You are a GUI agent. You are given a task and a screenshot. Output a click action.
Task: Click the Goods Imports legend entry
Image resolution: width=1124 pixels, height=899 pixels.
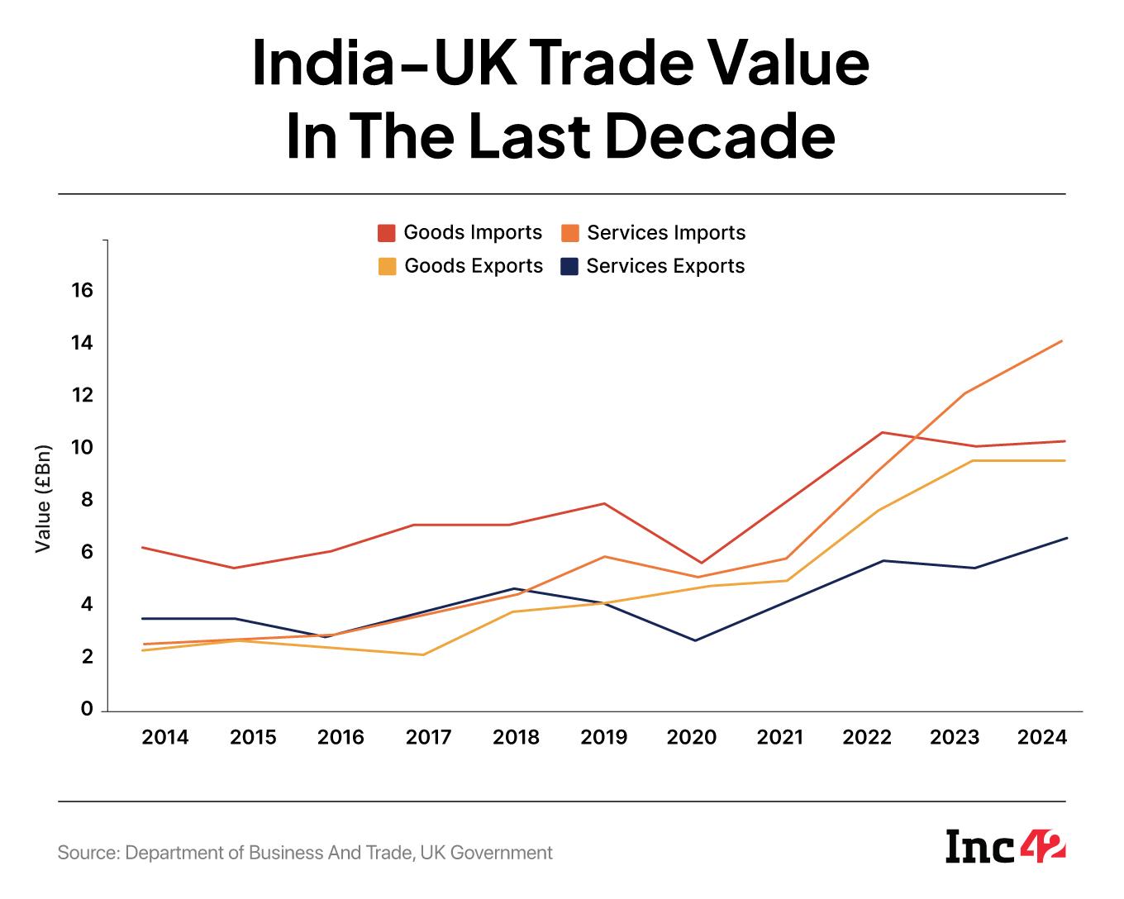pos(460,233)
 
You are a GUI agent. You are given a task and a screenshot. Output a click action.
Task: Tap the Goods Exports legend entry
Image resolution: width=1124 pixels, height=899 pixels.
pos(461,266)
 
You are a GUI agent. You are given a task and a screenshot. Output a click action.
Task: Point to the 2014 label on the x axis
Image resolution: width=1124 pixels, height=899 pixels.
pos(165,737)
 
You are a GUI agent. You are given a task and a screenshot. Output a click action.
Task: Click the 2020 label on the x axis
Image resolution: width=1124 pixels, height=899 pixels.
pos(692,737)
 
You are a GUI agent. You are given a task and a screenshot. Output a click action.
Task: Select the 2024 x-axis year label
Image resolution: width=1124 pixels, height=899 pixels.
pos(1043,737)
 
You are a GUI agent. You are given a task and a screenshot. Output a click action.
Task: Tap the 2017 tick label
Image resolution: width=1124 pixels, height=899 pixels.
pos(428,737)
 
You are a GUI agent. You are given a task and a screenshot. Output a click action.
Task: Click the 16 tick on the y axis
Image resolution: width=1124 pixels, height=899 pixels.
pos(82,291)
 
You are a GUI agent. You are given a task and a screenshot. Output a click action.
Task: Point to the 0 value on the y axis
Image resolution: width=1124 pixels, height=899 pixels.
pos(87,710)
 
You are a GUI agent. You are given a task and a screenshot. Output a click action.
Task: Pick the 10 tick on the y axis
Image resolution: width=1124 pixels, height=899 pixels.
pos(82,448)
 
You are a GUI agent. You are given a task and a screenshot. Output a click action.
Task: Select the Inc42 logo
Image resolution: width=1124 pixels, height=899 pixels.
pos(1005,847)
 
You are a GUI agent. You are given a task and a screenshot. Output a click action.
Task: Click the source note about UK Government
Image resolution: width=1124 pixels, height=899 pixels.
pos(305,853)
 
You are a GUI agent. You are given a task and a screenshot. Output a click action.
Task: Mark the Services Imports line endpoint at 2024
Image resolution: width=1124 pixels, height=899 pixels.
pos(1062,340)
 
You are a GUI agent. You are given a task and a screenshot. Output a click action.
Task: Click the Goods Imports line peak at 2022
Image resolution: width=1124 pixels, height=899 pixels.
pos(883,432)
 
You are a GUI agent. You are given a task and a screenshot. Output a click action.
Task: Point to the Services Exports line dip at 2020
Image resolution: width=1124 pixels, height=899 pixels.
pos(695,640)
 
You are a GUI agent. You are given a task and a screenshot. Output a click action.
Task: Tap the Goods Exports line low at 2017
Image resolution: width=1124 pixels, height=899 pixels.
pos(423,655)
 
